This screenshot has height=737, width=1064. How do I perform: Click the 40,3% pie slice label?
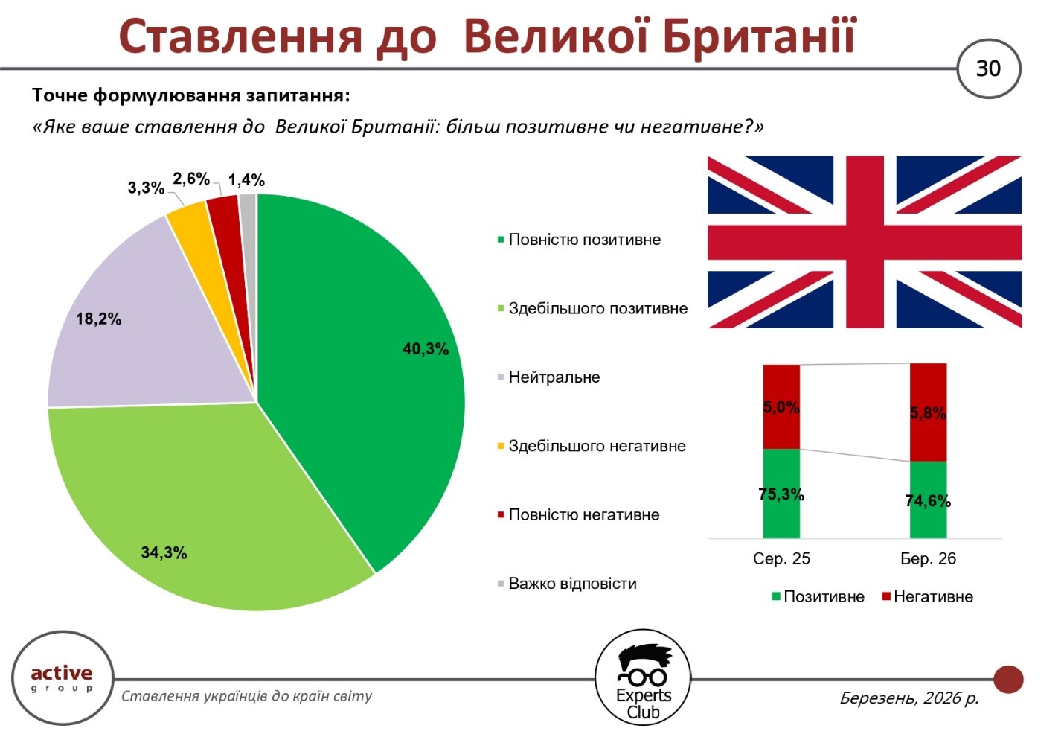(x=426, y=349)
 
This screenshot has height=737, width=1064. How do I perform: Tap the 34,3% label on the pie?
(x=164, y=552)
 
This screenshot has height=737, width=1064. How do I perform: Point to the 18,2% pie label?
(x=98, y=319)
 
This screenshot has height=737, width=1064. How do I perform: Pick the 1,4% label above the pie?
(x=246, y=180)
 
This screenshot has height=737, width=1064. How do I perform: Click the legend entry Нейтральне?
(x=554, y=377)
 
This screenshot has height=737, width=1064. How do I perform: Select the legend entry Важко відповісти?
(x=572, y=584)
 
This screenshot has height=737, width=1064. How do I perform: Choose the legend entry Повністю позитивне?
(x=584, y=240)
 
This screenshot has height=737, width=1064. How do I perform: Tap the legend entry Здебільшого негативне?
(x=597, y=447)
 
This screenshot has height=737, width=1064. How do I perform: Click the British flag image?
(x=864, y=242)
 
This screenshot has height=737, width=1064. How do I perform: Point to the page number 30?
(x=988, y=68)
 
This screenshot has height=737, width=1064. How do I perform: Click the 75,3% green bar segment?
(x=781, y=494)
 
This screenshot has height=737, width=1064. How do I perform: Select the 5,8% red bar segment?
(x=928, y=412)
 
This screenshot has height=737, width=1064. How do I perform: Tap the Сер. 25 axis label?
(x=781, y=559)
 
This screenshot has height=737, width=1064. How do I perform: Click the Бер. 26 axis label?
(x=928, y=559)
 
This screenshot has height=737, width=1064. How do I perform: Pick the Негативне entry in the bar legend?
(x=932, y=597)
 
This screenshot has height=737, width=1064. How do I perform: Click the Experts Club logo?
(x=643, y=677)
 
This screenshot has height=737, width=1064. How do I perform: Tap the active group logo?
(x=62, y=677)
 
